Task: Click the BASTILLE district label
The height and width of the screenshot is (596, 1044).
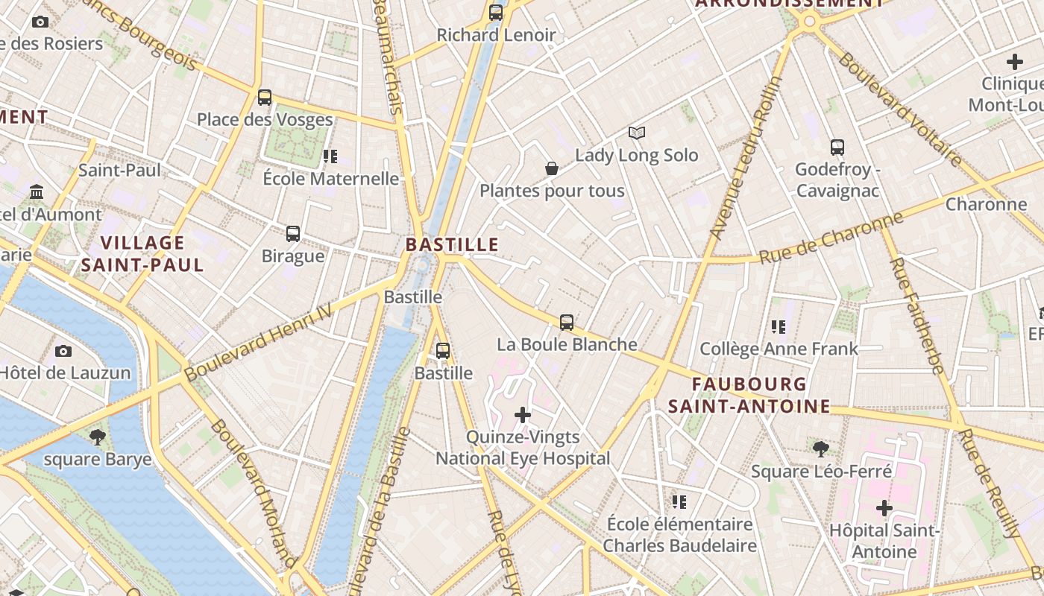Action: click(x=452, y=244)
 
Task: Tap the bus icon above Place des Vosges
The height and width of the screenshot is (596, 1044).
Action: click(x=265, y=98)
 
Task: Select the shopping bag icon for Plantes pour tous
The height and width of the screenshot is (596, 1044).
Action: click(x=552, y=169)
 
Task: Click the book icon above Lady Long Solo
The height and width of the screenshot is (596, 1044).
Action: click(x=636, y=133)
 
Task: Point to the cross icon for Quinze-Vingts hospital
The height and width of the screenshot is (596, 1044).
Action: click(x=523, y=415)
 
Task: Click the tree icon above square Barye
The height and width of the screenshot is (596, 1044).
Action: click(x=97, y=437)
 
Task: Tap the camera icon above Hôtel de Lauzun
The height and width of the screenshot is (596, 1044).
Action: click(x=63, y=351)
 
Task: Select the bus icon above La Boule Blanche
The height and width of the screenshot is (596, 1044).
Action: click(x=567, y=323)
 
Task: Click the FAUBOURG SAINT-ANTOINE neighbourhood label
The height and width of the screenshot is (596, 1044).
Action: click(x=749, y=395)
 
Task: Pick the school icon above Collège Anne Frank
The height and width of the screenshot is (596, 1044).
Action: click(x=779, y=326)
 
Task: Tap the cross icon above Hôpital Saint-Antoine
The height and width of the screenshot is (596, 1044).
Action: click(x=884, y=509)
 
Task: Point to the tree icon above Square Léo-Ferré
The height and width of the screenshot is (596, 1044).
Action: click(x=821, y=449)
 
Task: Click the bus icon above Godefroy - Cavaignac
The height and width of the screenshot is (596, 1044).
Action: click(x=837, y=148)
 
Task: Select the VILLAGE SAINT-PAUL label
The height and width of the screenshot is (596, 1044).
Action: click(x=142, y=253)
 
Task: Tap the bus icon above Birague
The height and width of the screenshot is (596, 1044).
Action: click(x=293, y=234)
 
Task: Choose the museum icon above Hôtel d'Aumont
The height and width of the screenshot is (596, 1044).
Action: click(x=37, y=193)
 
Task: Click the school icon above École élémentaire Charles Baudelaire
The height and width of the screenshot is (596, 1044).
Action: click(x=679, y=502)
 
